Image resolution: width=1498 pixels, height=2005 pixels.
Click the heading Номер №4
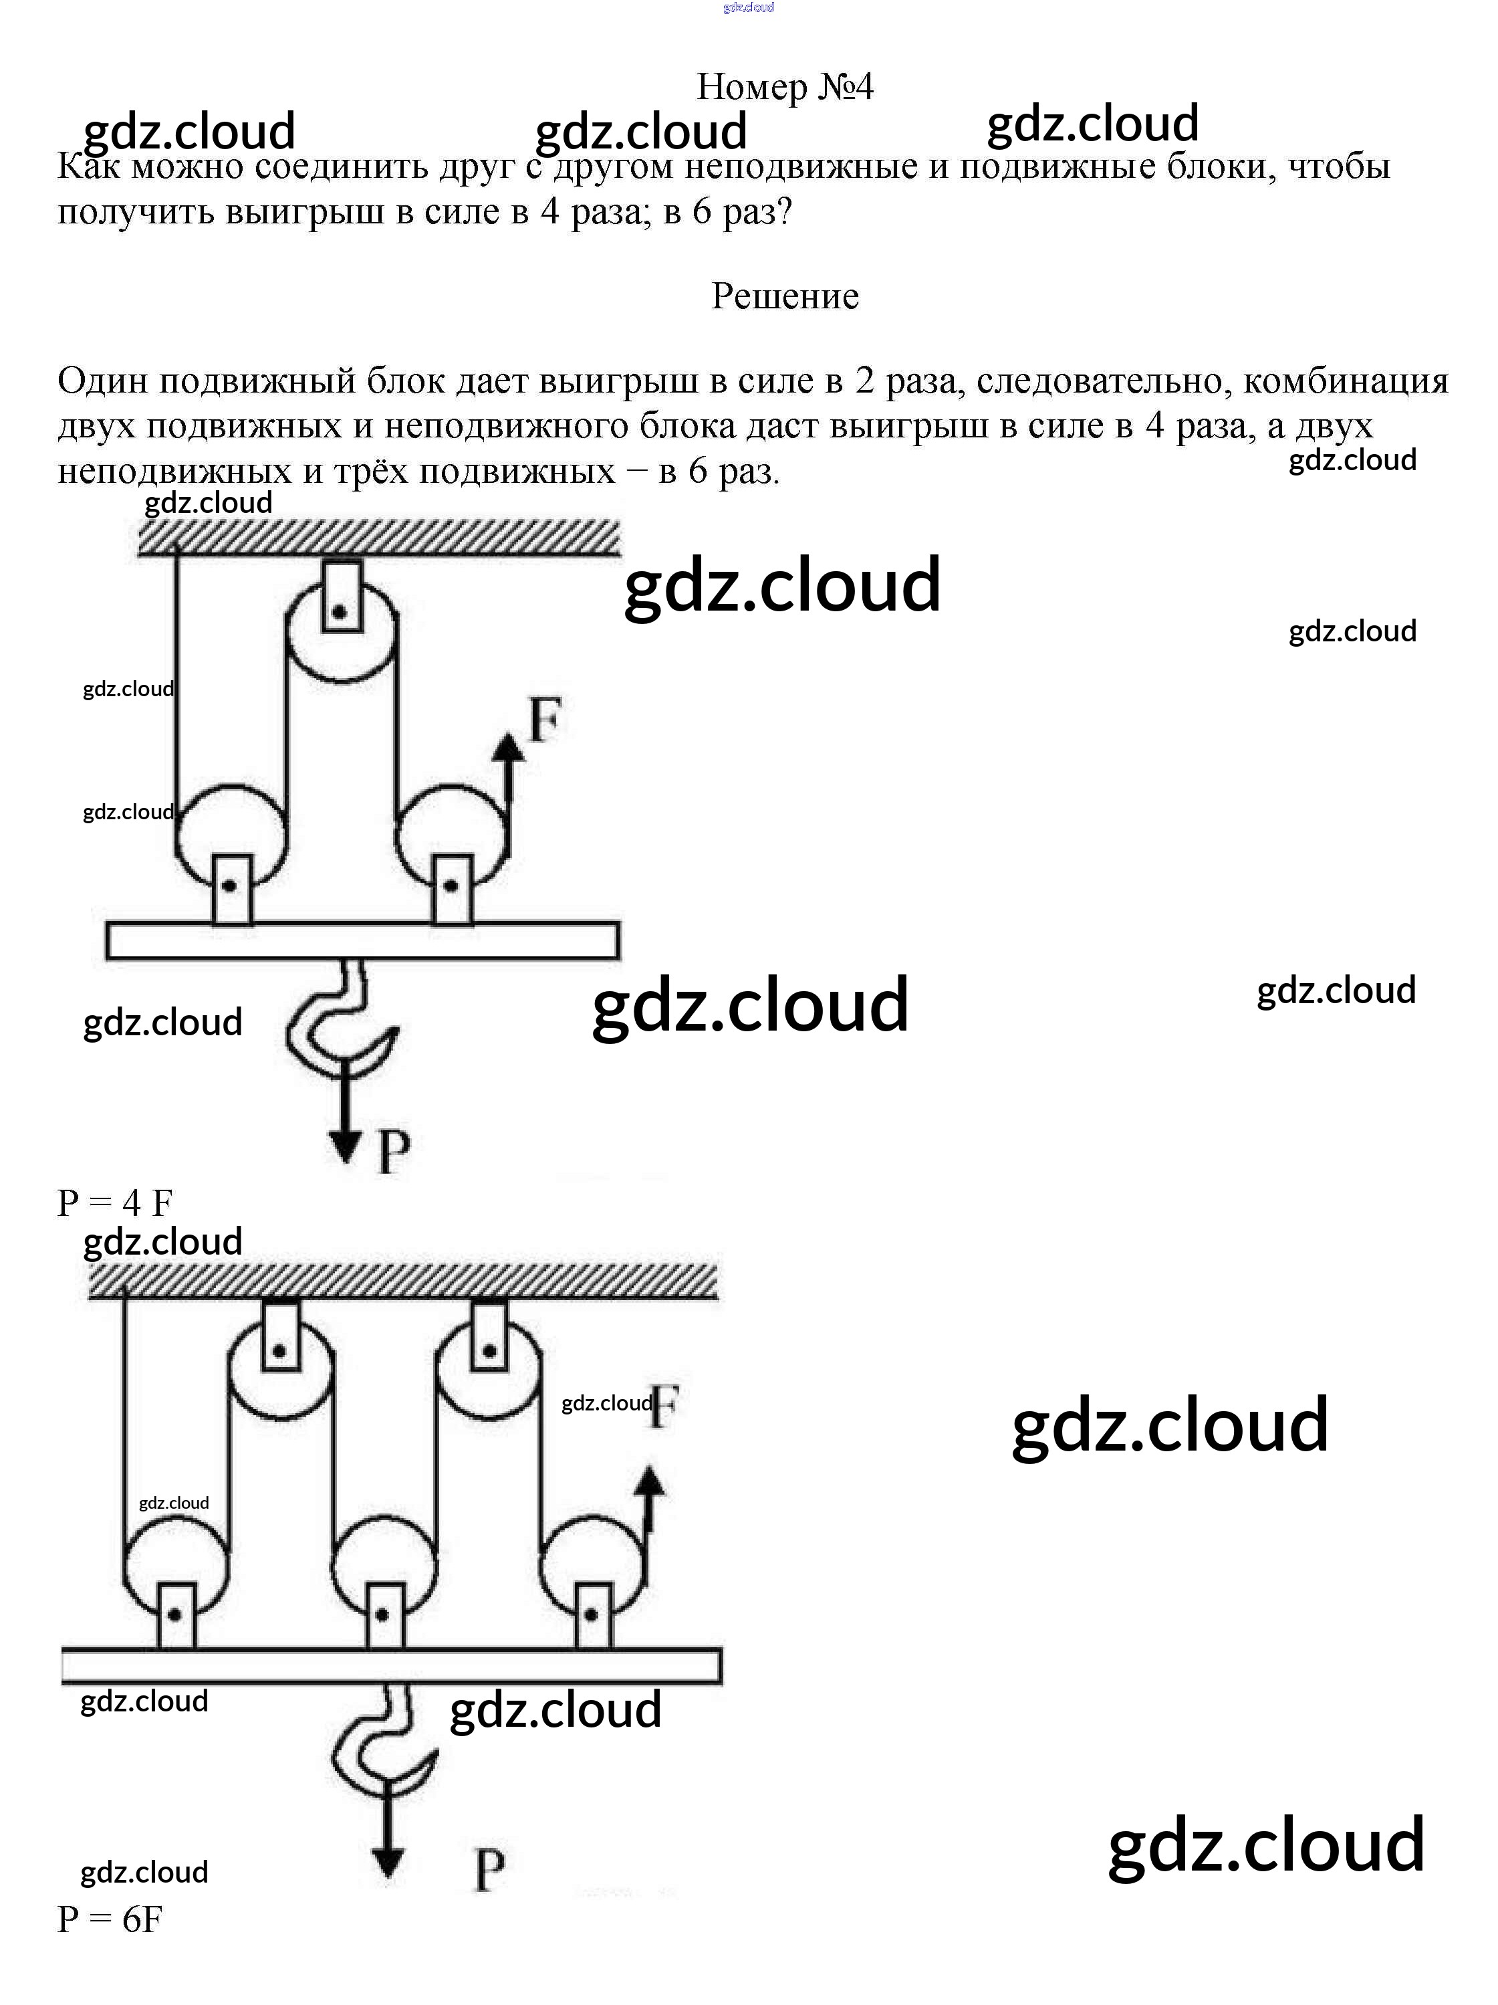(x=784, y=87)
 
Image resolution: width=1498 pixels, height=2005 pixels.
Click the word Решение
(x=784, y=296)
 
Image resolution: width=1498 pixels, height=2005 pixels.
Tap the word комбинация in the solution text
(x=1345, y=381)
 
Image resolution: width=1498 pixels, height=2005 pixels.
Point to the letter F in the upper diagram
(x=545, y=720)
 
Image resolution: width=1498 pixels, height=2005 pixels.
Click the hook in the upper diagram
(x=342, y=1025)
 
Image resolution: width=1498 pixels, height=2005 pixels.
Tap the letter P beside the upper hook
(x=393, y=1153)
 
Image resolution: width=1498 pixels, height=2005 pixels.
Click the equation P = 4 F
(x=115, y=1204)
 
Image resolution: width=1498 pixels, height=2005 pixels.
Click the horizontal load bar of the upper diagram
(x=362, y=940)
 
